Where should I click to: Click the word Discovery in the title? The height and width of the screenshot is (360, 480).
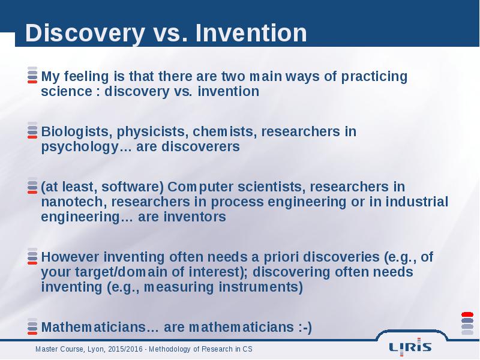click(x=85, y=33)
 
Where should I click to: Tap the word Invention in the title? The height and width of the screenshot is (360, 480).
click(x=251, y=32)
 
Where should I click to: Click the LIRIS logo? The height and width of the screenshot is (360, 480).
click(x=410, y=347)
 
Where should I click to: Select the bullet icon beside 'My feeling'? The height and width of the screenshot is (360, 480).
click(x=32, y=75)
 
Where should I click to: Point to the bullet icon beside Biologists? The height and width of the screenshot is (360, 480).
click(x=32, y=130)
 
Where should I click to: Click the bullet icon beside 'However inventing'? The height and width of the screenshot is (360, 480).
click(x=32, y=256)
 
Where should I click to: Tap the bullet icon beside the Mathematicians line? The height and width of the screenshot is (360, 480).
click(x=32, y=326)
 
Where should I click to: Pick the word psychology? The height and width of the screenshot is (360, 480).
click(x=80, y=147)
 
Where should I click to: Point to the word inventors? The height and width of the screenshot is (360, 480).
click(x=194, y=217)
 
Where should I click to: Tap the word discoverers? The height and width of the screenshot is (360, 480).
click(x=200, y=146)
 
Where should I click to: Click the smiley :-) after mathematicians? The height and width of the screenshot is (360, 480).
click(x=305, y=327)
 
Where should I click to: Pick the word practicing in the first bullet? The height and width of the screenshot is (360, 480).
click(x=374, y=77)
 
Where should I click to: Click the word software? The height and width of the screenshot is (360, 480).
click(x=133, y=187)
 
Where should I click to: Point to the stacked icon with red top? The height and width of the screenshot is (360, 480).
click(x=467, y=323)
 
